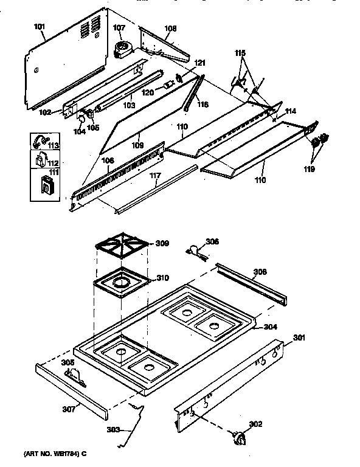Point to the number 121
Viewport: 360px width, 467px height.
click(x=200, y=63)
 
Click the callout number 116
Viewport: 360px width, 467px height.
click(x=202, y=105)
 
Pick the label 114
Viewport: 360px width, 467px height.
click(x=291, y=111)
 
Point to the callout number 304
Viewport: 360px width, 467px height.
click(x=271, y=327)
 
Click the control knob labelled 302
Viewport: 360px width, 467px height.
click(x=240, y=438)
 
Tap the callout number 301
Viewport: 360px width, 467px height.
click(x=299, y=338)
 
